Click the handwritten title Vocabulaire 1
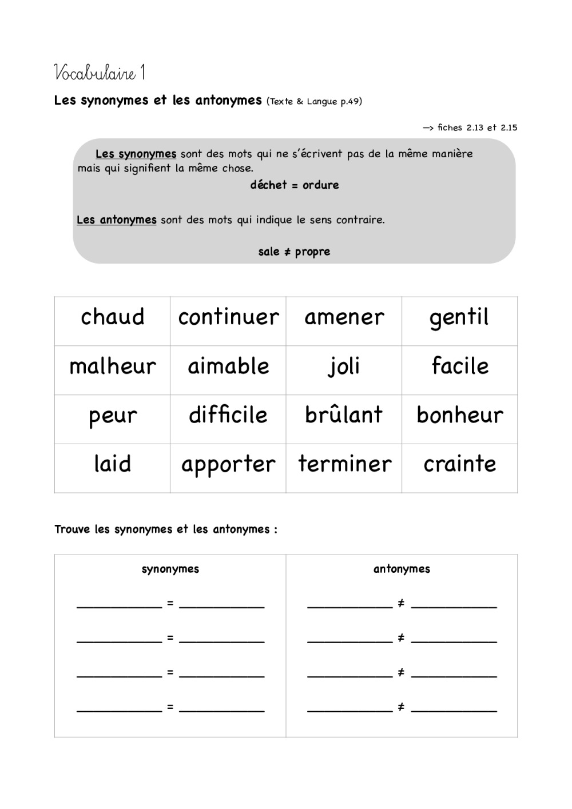[100, 73]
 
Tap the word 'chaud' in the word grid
[113, 317]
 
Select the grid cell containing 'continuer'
[228, 317]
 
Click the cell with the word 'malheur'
[113, 366]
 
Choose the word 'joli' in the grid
[344, 366]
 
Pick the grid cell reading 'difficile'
[228, 415]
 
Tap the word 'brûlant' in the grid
[344, 415]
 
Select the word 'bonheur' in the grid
[460, 415]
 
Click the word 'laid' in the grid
[113, 464]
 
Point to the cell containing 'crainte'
[460, 464]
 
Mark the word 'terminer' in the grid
[344, 464]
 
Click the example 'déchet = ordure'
[295, 185]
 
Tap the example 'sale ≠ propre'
[294, 252]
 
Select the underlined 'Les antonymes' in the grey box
[117, 220]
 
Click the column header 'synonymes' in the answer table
[170, 569]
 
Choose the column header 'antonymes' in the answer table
[402, 569]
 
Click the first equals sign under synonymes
[170, 603]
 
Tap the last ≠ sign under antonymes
[401, 707]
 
